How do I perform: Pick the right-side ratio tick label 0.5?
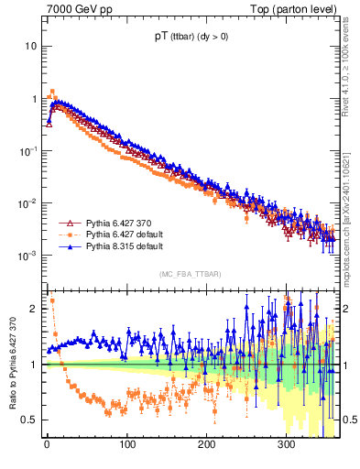(x=349, y=420)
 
